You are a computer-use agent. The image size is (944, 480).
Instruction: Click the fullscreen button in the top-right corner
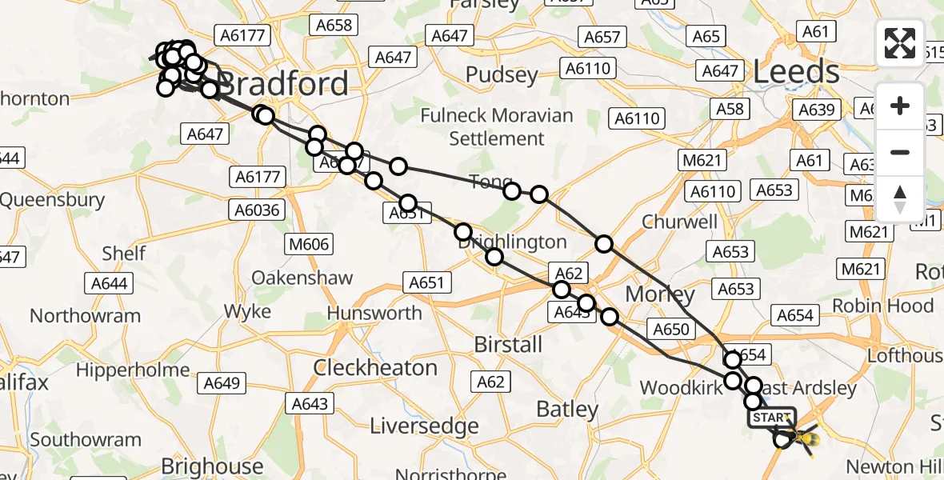point(900,43)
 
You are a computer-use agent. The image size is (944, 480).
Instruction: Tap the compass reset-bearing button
point(900,199)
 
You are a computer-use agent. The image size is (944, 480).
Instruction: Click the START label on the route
point(772,418)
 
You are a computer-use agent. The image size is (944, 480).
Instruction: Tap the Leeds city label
point(796,73)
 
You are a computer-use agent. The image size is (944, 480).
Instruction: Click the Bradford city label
point(284,83)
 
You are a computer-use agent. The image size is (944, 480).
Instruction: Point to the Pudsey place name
point(502,75)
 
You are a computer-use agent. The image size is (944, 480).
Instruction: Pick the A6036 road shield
point(256,210)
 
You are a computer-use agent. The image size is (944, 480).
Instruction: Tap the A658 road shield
point(334,25)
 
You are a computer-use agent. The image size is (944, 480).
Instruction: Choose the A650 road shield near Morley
point(670,328)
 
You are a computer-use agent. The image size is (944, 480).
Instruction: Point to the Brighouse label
point(212,466)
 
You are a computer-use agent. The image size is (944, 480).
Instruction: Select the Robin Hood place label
point(882,306)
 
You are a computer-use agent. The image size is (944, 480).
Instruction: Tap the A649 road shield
point(222,383)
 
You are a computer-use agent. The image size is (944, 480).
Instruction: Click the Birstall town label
point(508,345)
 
